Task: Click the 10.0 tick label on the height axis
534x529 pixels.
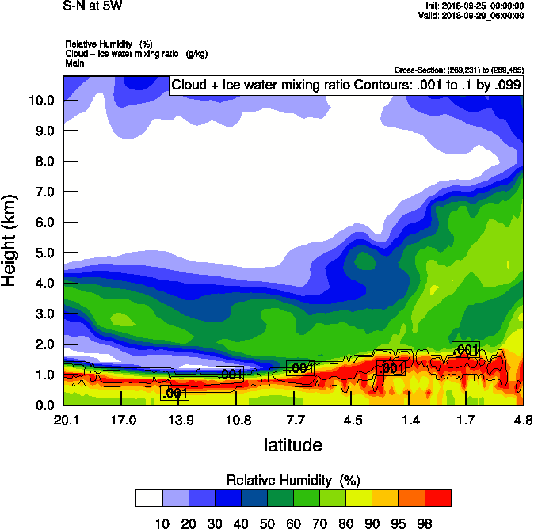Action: (40, 101)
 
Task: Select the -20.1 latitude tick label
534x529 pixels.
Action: (63, 420)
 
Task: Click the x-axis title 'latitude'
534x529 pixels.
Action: (293, 445)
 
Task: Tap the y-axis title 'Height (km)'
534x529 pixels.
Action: (10, 241)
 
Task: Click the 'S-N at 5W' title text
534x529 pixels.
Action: (93, 6)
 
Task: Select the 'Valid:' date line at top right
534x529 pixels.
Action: (472, 15)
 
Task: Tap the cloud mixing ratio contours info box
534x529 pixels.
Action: (346, 86)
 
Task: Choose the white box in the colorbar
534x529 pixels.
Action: (149, 498)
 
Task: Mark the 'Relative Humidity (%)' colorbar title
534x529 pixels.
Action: (293, 480)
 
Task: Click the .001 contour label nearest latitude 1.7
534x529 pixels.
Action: (465, 349)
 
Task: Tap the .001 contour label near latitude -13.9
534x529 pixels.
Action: (174, 393)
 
